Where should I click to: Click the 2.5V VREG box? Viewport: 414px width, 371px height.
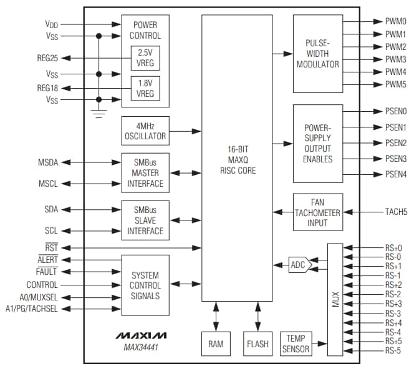[x=145, y=58]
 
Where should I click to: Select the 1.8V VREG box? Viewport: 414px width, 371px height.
[x=145, y=88]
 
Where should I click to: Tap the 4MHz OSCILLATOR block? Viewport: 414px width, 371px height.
[x=145, y=131]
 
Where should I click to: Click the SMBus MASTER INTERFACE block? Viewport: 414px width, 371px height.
[x=145, y=172]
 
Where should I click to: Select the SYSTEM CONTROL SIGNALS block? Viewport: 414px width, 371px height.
[x=145, y=285]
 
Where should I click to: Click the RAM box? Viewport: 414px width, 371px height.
[x=216, y=344]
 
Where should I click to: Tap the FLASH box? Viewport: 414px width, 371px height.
[x=258, y=344]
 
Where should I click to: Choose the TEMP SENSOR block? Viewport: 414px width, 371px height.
[x=296, y=344]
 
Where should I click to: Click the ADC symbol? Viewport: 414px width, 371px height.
[x=299, y=265]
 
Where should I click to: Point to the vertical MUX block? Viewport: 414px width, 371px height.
[x=335, y=300]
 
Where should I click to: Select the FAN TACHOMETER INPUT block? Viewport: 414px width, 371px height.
[x=317, y=212]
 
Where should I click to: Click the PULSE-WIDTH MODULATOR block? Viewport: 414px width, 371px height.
[x=317, y=54]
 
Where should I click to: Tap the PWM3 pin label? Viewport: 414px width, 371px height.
[x=395, y=59]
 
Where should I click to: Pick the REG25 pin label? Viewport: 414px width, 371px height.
[x=47, y=58]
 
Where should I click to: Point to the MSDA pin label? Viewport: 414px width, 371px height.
[x=48, y=163]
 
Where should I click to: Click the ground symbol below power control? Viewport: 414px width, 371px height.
[x=99, y=113]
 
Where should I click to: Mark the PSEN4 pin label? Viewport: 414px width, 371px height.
[x=395, y=174]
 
